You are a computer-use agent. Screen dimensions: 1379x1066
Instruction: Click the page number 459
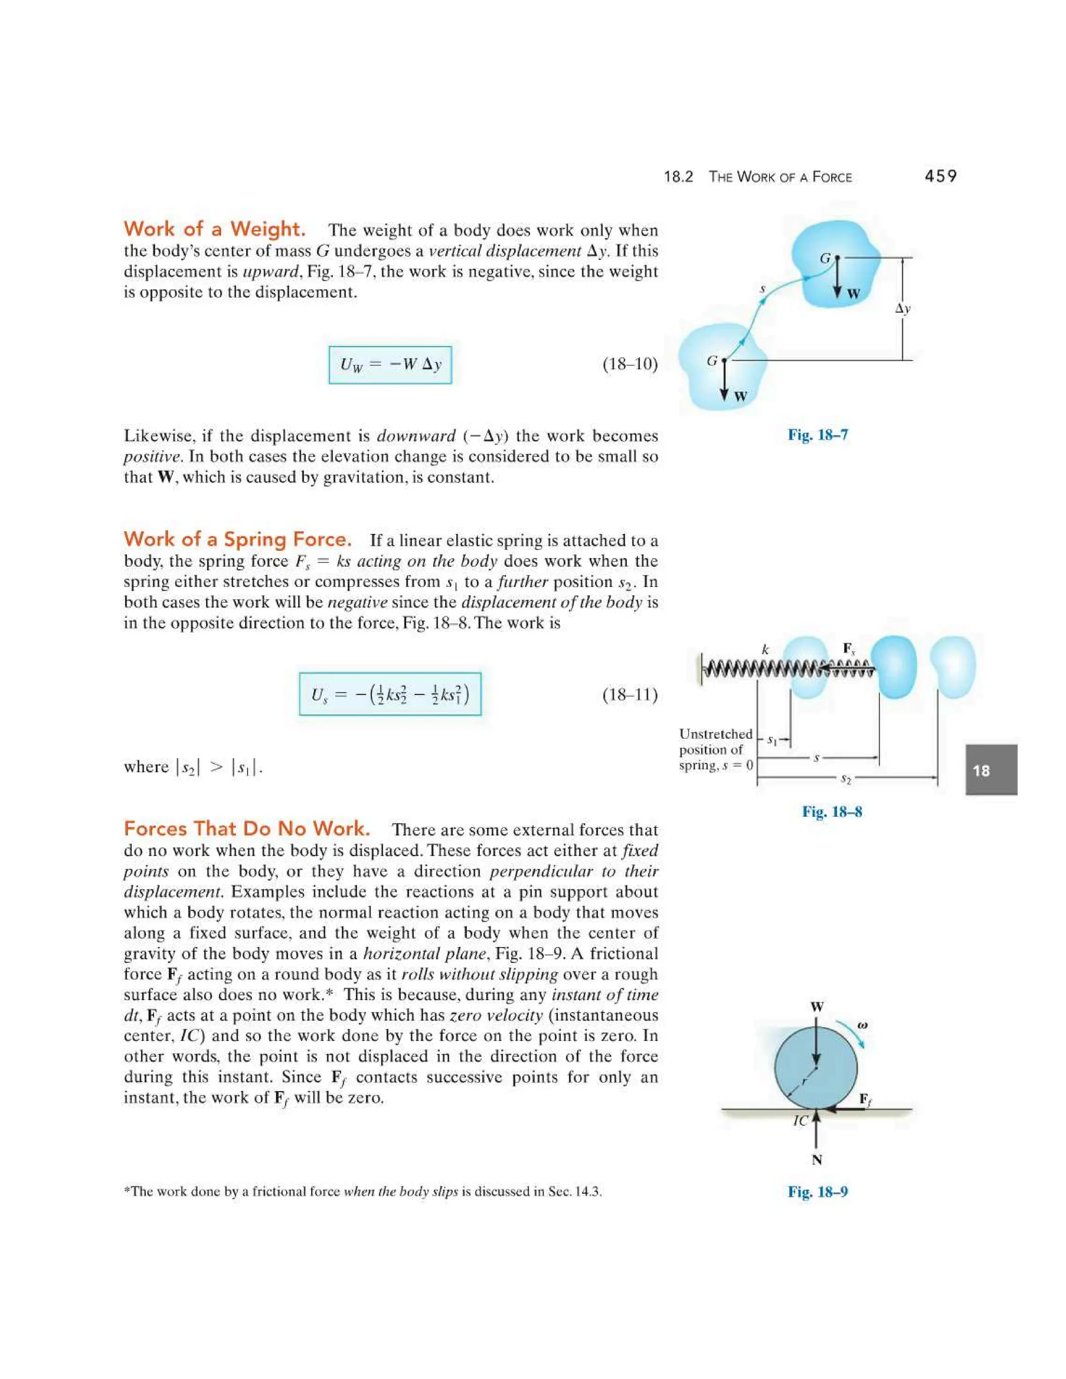[x=941, y=176]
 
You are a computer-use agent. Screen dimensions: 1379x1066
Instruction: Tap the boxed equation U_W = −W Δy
[x=390, y=365]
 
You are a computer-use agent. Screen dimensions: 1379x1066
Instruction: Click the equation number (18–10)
[x=630, y=364]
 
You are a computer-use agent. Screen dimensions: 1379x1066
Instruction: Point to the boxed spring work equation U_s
[x=390, y=695]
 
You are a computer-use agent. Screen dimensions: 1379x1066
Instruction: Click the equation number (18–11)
[x=630, y=695]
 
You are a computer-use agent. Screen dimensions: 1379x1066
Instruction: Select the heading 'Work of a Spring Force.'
[x=237, y=539]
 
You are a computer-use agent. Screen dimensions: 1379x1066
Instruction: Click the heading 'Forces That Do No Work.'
[x=247, y=828]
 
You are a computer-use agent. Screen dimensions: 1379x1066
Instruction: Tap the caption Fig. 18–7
[x=818, y=435]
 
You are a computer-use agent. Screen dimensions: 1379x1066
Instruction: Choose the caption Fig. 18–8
[x=832, y=812]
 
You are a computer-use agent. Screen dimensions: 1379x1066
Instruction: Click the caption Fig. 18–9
[x=818, y=1192]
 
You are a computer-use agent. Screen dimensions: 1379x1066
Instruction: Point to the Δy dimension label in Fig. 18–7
[x=903, y=309]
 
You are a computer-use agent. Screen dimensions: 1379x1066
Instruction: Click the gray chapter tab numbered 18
[x=990, y=770]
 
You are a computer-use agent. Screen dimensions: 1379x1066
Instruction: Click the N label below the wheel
[x=817, y=1160]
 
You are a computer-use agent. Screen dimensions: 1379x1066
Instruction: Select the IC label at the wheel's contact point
[x=800, y=1121]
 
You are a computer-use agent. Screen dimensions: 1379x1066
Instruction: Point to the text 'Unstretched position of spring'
[x=716, y=749]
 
